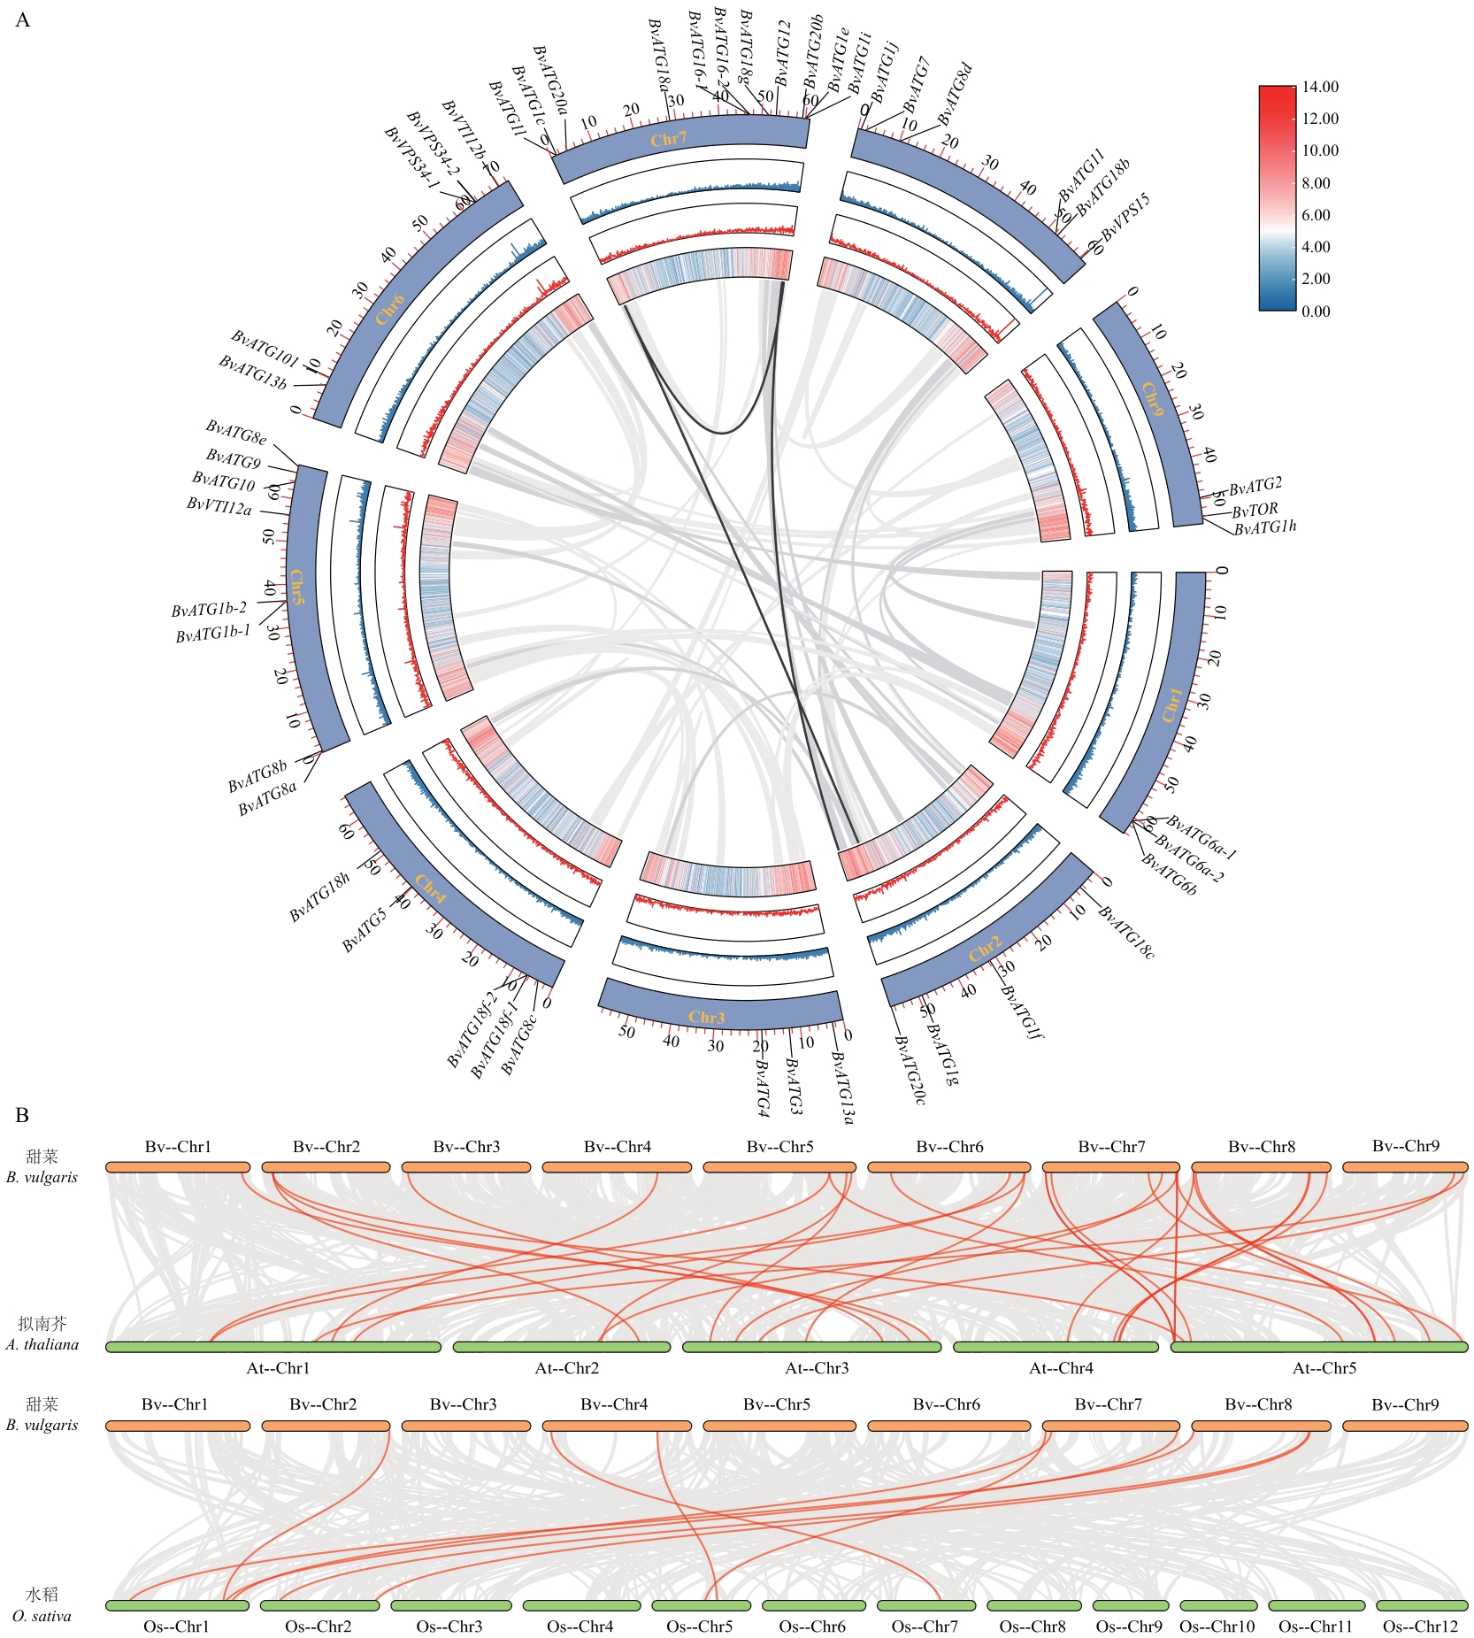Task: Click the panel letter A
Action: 23,20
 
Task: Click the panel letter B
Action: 23,1115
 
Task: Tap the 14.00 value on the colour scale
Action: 1320,87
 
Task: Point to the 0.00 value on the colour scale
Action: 1316,311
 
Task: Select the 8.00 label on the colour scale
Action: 1316,183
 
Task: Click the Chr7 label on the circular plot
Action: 668,139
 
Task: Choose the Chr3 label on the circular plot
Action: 706,1018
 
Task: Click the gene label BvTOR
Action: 1255,510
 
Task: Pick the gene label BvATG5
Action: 365,931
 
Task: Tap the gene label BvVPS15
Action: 1125,218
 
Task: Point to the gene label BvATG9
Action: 234,458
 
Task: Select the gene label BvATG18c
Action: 1126,932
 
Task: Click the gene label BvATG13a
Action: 842,1088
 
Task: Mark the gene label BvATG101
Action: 265,348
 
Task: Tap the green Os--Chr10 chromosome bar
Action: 1218,1605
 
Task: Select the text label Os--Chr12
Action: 1420,1626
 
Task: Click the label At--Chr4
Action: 1061,1368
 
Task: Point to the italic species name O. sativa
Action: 42,1616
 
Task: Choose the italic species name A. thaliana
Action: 42,1344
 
